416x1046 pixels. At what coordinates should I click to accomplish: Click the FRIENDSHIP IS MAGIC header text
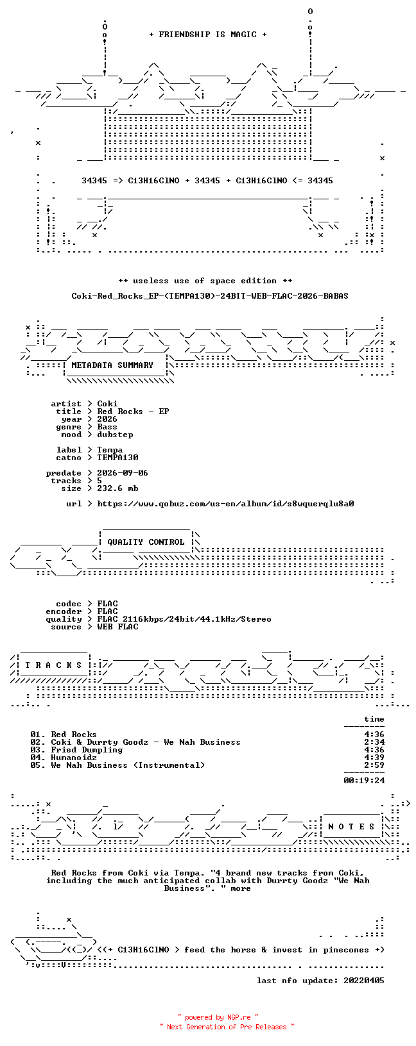tap(208, 35)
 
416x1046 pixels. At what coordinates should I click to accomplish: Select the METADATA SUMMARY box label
tap(112, 365)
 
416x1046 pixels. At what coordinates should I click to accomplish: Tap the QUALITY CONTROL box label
tap(146, 542)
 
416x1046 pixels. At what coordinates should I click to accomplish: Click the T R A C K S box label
tap(53, 665)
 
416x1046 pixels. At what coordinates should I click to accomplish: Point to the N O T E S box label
tap(351, 827)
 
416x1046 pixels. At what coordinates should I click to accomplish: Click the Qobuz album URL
tap(225, 504)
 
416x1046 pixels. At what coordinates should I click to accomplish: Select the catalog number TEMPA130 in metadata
tap(118, 458)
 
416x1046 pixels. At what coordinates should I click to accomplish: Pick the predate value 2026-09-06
tap(123, 473)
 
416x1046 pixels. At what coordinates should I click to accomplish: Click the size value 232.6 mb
tap(118, 488)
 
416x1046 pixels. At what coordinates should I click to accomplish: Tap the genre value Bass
tap(107, 427)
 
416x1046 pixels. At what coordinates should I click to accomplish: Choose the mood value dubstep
tap(115, 435)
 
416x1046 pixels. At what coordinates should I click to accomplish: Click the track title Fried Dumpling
tap(87, 750)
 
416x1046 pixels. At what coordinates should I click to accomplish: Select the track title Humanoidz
tap(74, 758)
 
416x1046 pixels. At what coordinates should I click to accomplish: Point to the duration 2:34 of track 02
tap(374, 742)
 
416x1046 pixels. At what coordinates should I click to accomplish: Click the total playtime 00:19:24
tap(364, 780)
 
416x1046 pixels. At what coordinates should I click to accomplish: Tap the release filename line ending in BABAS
tap(210, 296)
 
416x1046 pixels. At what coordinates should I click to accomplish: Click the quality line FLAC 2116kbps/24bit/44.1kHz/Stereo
tap(184, 619)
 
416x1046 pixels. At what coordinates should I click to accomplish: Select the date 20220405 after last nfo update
tap(364, 981)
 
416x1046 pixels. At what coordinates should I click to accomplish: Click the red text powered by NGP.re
tap(218, 1017)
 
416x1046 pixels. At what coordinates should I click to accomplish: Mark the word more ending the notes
tap(241, 888)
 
